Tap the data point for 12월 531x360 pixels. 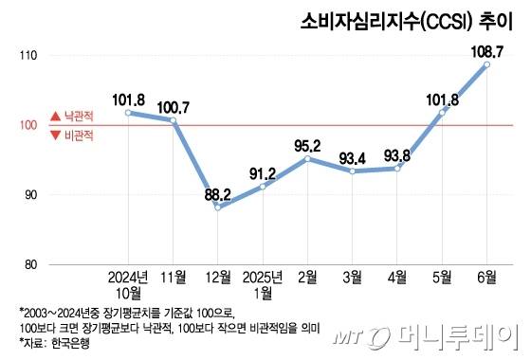pos(218,207)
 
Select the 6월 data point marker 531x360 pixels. pos(486,64)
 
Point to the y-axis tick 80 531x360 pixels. pos(28,264)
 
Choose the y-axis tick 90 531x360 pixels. pos(28,195)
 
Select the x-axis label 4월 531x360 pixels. pos(397,278)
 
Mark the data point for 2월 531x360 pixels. pos(308,159)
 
